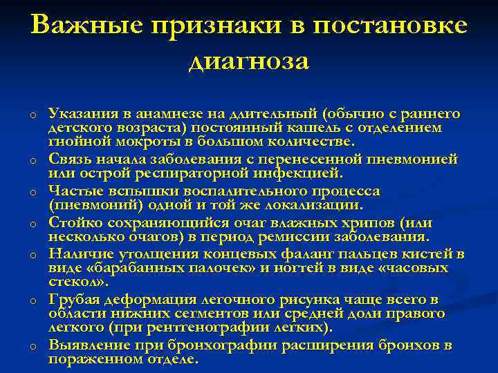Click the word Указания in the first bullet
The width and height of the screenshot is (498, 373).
pyautogui.click(x=77, y=114)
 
